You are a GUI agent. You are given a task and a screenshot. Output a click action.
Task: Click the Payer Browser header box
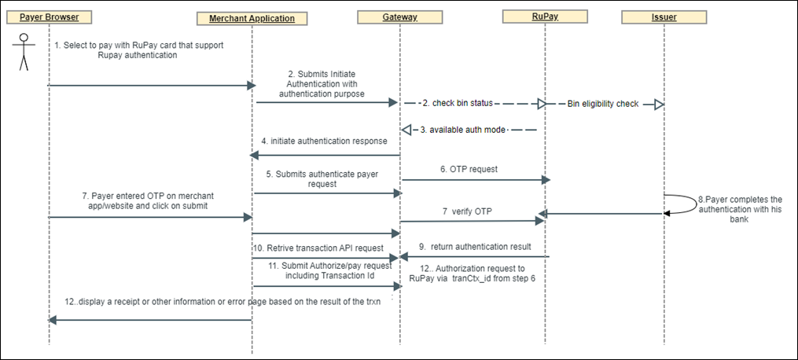[x=48, y=17]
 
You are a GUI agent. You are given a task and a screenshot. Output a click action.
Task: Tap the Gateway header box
[x=399, y=16]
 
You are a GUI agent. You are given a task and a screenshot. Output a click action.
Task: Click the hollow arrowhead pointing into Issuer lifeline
[x=659, y=105]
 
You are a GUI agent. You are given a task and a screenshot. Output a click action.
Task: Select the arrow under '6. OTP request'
[x=472, y=180]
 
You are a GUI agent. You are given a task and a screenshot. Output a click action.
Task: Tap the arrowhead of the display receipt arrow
[x=53, y=320]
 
